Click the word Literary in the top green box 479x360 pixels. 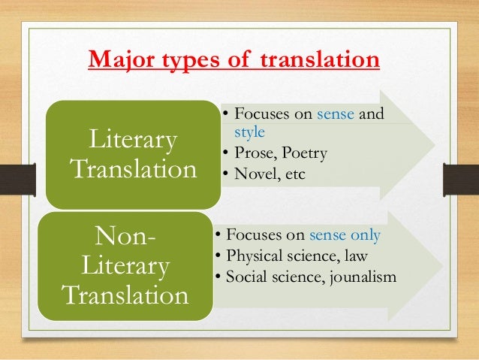(134, 140)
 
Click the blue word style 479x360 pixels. (248, 133)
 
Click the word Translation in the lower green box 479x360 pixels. (126, 296)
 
